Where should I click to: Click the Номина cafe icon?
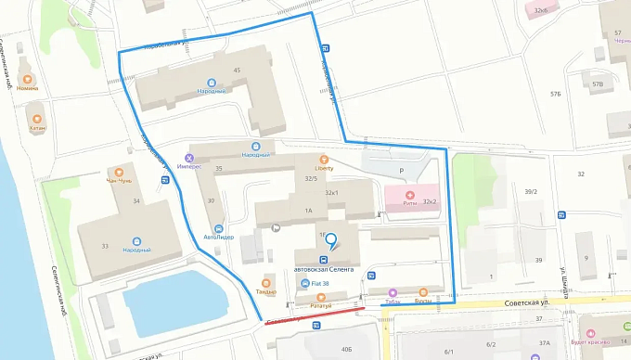[28, 79]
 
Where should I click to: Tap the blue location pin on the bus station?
[330, 241]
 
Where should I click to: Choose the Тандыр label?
[267, 291]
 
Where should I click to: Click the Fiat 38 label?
[321, 282]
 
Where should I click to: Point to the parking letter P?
[401, 171]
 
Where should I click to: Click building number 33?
[105, 245]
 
